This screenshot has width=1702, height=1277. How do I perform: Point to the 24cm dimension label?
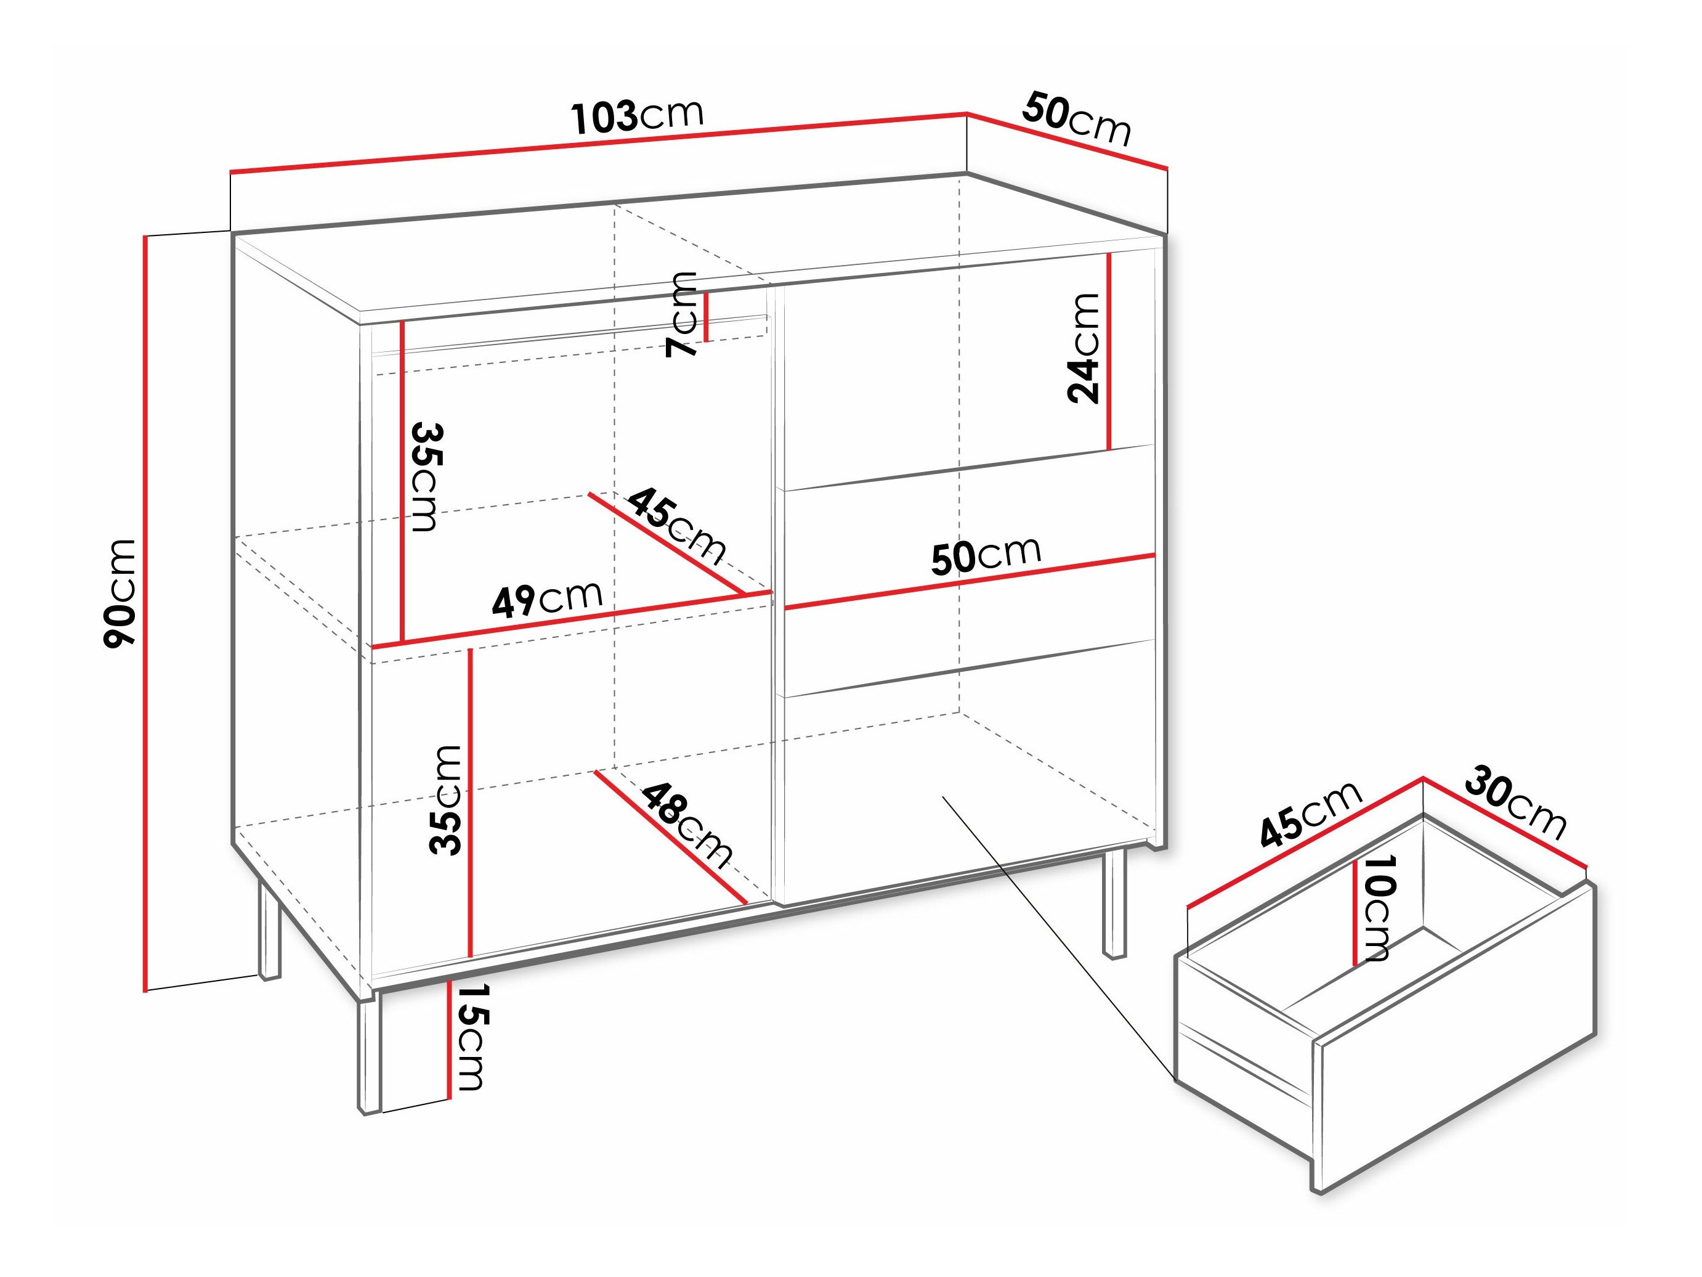(1084, 348)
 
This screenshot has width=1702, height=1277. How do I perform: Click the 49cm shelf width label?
(547, 599)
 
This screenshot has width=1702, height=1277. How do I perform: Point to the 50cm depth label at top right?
(1076, 120)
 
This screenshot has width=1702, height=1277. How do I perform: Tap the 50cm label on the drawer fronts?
(986, 554)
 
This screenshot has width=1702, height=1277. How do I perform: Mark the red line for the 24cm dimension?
(1109, 350)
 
